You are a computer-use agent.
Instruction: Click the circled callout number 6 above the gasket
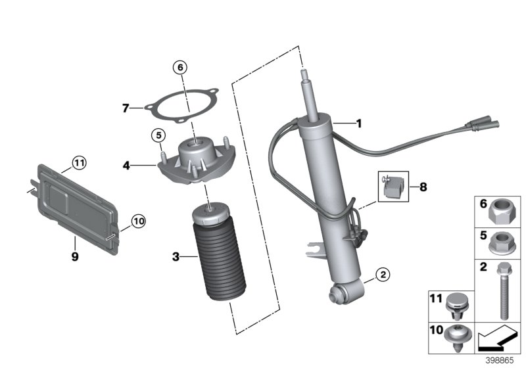[x=180, y=66]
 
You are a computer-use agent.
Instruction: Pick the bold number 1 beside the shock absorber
[x=358, y=123]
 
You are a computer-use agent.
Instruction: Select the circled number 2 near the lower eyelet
[x=382, y=275]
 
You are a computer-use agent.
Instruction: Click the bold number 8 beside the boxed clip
[x=423, y=187]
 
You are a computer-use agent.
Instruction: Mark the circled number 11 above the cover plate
[x=79, y=162]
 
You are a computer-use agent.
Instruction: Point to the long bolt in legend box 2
[x=503, y=289]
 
